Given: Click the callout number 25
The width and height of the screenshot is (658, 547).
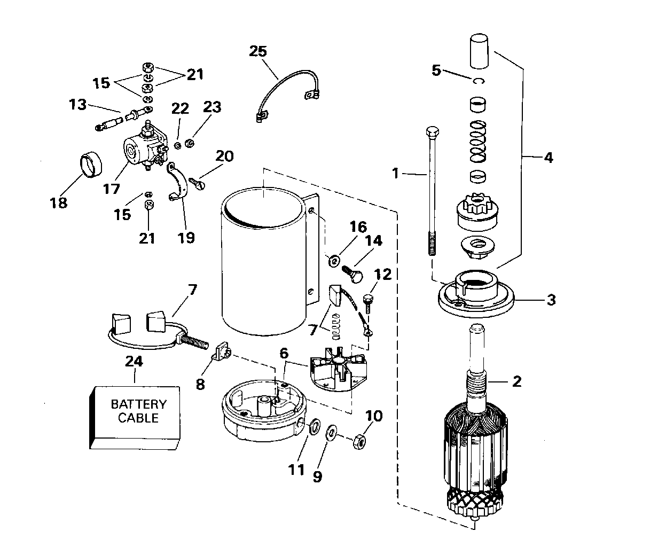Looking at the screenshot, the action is (258, 51).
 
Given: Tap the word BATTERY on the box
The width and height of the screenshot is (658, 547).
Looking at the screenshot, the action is (139, 404).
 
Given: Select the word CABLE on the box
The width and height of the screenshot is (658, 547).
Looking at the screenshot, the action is (138, 418).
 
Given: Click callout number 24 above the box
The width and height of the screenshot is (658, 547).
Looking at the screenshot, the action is (134, 361).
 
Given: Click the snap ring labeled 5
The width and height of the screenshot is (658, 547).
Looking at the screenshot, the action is (479, 81).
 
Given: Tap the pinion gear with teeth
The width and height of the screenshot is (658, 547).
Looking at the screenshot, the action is (477, 211).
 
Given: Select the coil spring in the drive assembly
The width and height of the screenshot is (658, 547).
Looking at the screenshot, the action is (477, 142).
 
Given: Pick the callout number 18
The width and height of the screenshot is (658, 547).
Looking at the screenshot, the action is (59, 203).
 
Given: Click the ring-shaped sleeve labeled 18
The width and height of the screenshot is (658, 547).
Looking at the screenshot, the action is (91, 164).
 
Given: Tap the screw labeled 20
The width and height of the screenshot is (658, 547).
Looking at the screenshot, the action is (197, 183).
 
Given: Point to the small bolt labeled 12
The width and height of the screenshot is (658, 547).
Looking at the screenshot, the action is (368, 303).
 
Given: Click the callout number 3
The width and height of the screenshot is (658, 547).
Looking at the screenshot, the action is (551, 300).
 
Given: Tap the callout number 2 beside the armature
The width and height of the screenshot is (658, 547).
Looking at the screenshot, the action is (517, 381).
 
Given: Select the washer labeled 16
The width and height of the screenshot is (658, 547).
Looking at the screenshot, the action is (334, 261).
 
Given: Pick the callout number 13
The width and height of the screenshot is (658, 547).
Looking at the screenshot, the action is (77, 104).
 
